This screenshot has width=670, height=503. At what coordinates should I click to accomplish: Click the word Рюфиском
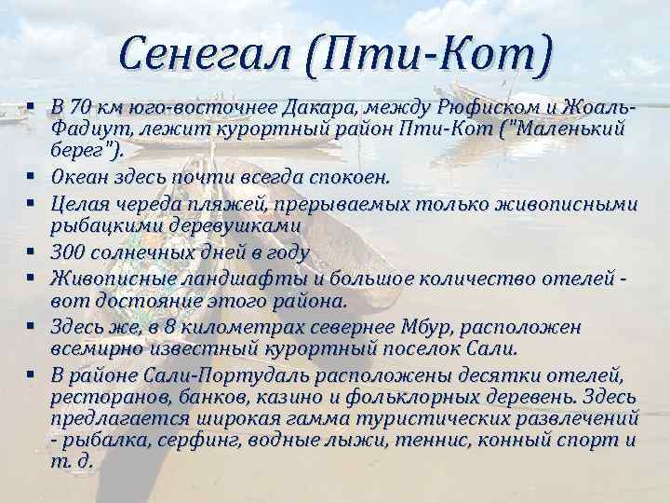459,105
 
